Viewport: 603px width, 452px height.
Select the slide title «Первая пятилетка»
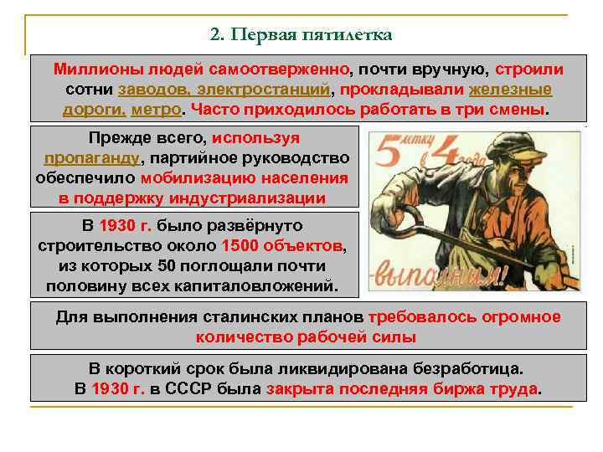pos(312,35)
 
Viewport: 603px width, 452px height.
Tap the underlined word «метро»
pos(158,110)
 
